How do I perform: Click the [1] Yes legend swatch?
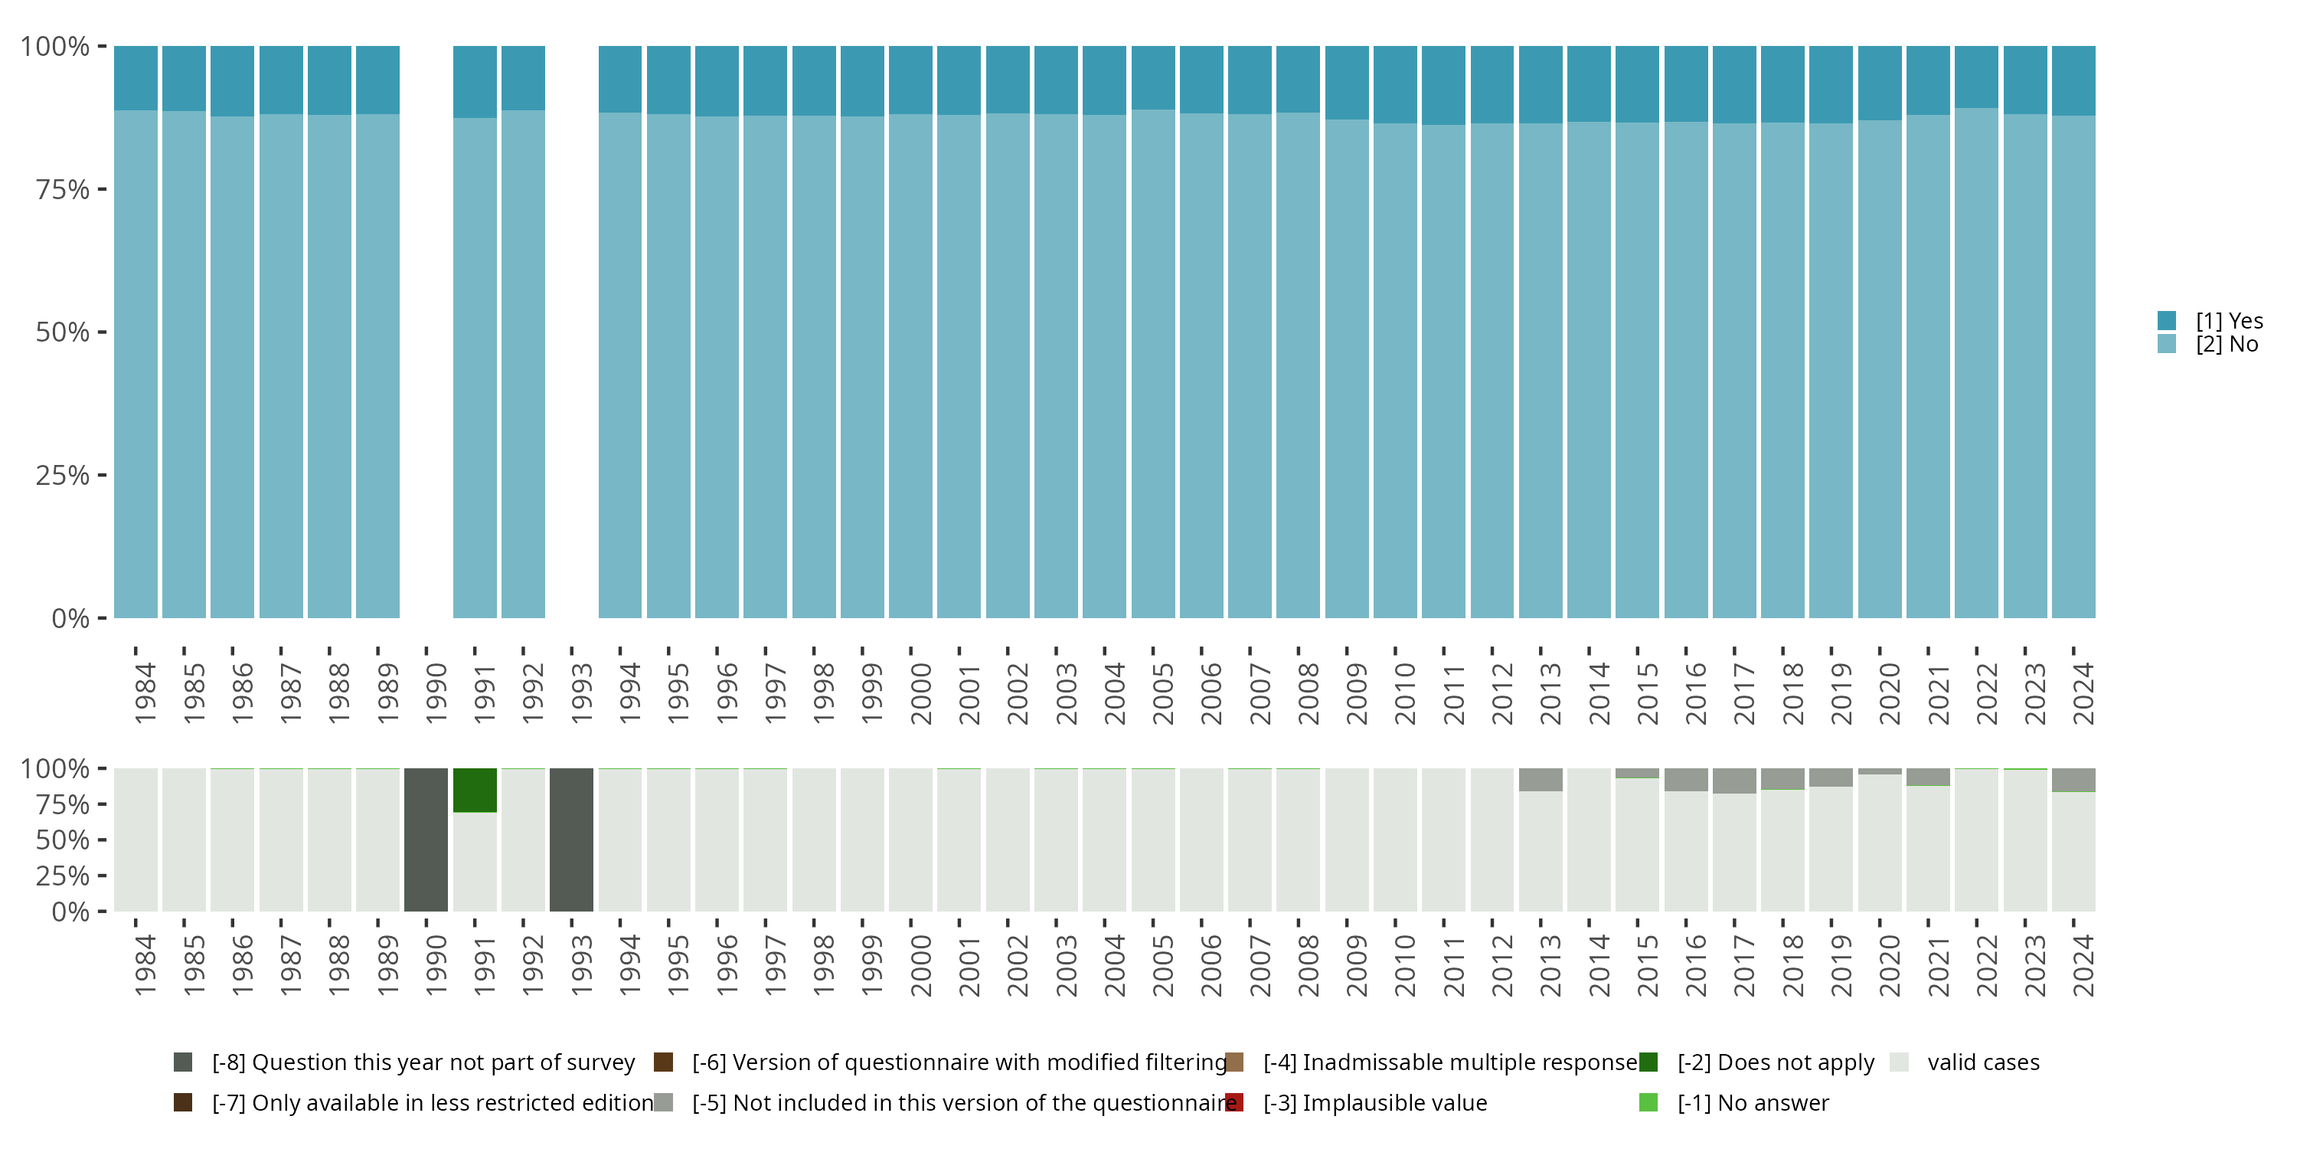click(2167, 320)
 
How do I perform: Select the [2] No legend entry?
click(2227, 345)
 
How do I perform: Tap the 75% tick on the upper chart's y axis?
click(102, 189)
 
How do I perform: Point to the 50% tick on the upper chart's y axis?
click(102, 332)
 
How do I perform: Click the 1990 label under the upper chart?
click(436, 692)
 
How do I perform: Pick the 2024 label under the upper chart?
click(2083, 692)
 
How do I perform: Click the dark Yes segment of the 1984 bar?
click(136, 77)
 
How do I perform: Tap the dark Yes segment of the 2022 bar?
click(1976, 77)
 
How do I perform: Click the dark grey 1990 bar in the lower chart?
click(426, 840)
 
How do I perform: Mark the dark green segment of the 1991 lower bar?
click(475, 791)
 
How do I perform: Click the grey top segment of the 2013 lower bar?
click(1541, 780)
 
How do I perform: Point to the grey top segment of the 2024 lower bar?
click(2073, 780)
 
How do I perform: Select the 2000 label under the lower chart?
click(920, 965)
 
